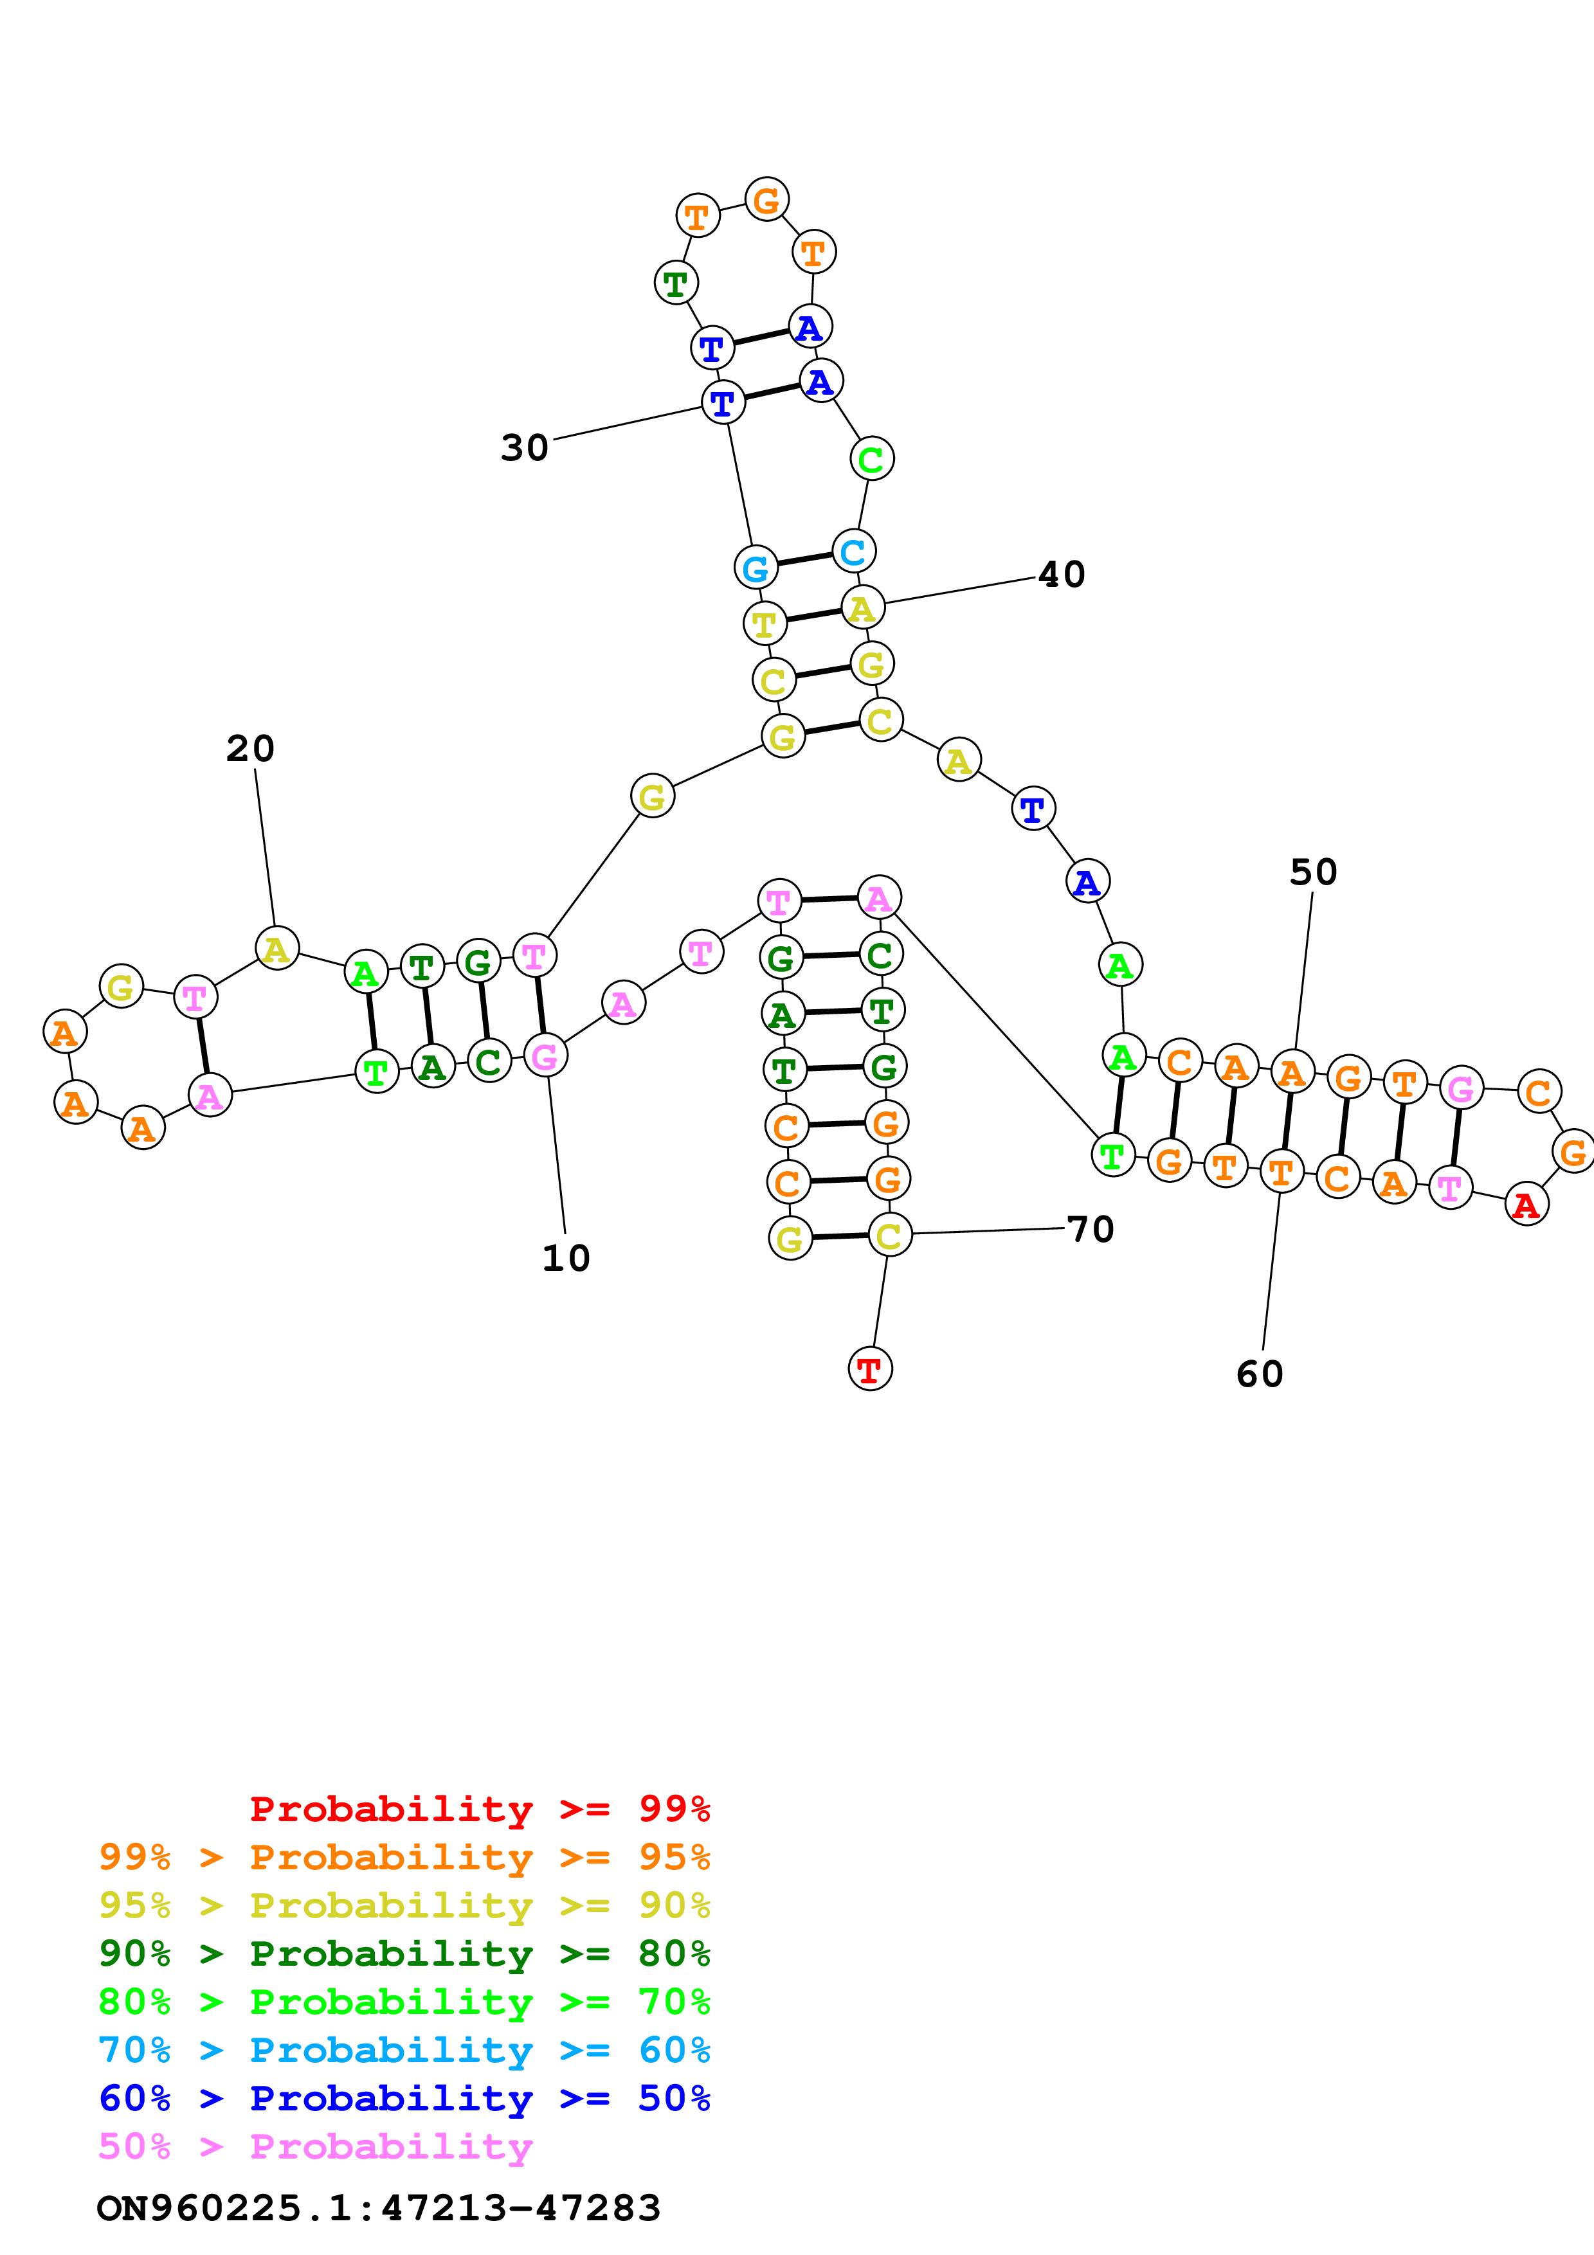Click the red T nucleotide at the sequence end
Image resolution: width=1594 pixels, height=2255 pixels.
869,1369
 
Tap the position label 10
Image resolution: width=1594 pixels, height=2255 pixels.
566,1258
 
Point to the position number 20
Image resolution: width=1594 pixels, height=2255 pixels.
250,748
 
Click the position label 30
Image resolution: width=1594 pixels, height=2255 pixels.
525,448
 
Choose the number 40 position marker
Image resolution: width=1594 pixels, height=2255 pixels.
1062,575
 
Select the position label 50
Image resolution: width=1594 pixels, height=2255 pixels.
1313,872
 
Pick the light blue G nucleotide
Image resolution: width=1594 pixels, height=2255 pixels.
756,568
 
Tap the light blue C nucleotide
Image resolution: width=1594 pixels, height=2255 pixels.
853,551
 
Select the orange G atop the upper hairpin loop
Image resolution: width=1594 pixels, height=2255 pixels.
766,201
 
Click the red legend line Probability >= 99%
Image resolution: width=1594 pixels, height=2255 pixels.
479,1809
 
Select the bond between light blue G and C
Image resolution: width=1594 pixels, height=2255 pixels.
804,560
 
